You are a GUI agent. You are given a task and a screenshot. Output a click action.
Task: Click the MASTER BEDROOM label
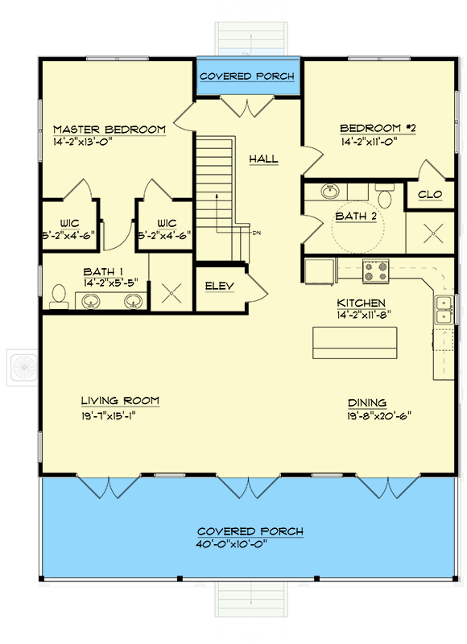pyautogui.click(x=110, y=129)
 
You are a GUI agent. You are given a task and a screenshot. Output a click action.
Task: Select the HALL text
pyautogui.click(x=263, y=159)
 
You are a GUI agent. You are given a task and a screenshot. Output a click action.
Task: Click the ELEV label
pyautogui.click(x=218, y=286)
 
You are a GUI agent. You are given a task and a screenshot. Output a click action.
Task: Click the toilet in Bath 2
pyautogui.click(x=385, y=196)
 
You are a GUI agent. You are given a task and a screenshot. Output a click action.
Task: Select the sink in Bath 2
pyautogui.click(x=329, y=192)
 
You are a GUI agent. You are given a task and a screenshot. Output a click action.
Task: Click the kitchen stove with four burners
pyautogui.click(x=375, y=271)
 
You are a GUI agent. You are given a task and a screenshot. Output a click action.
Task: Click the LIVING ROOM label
pyautogui.click(x=120, y=400)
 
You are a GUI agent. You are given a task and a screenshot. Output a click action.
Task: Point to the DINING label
pyautogui.click(x=367, y=402)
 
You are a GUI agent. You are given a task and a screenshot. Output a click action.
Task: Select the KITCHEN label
pyautogui.click(x=362, y=303)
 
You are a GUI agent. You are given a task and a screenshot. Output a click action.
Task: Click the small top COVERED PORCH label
pyautogui.click(x=246, y=76)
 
